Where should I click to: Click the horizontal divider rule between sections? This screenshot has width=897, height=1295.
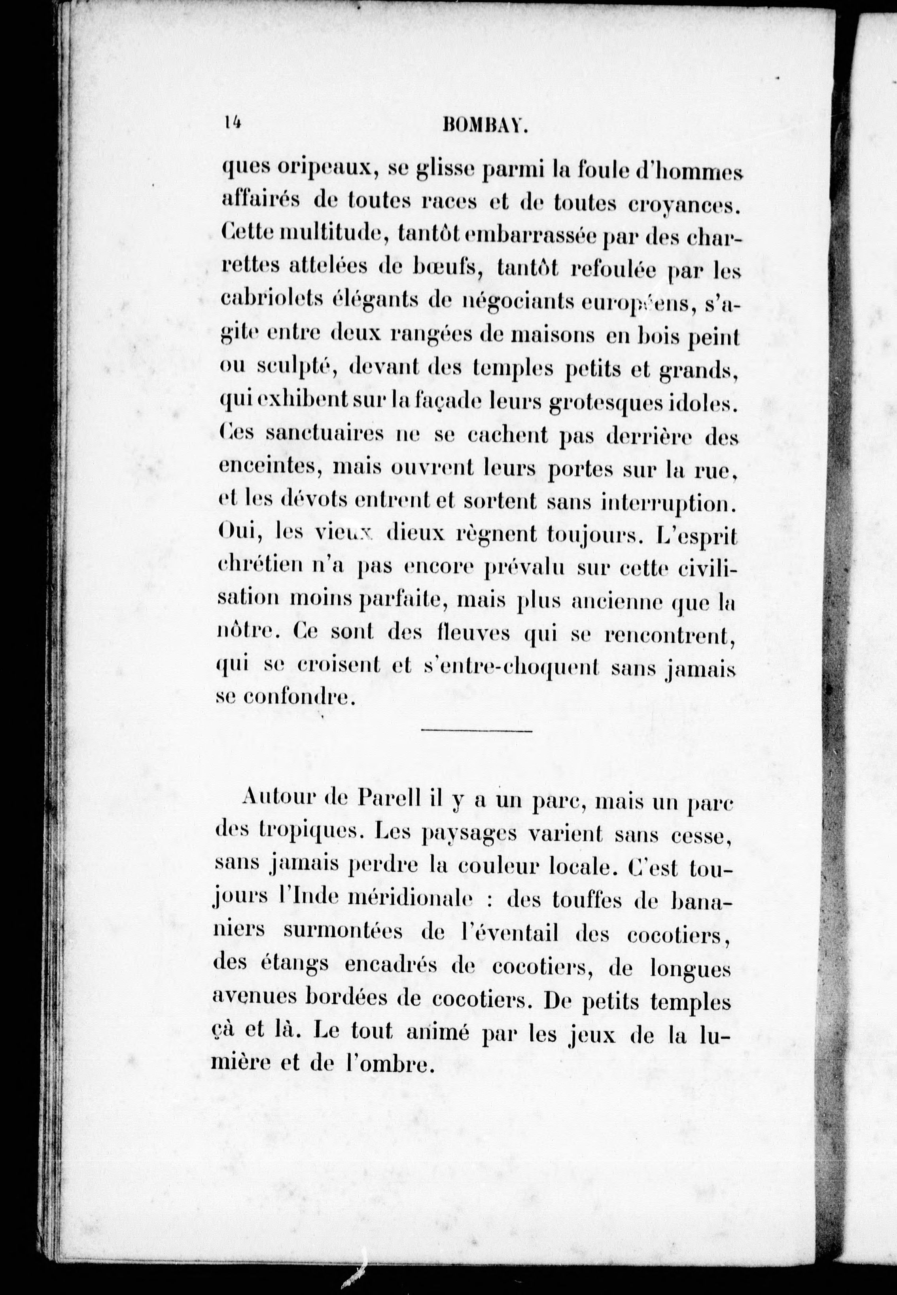(476, 731)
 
